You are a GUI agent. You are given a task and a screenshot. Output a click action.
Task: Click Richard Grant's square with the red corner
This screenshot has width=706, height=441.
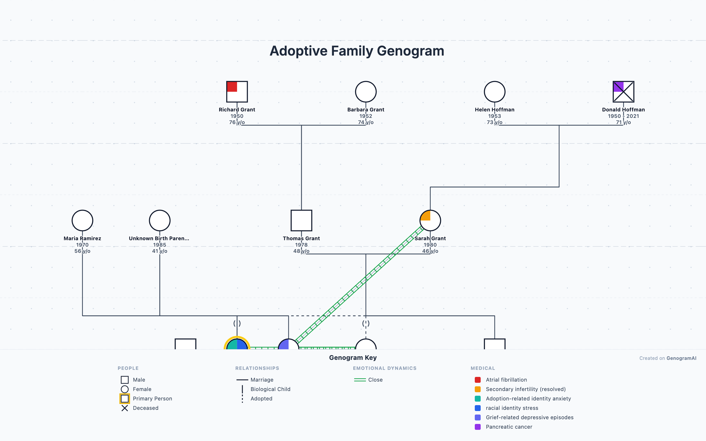(237, 92)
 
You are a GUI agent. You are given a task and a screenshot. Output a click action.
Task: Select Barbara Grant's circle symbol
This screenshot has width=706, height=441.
(366, 92)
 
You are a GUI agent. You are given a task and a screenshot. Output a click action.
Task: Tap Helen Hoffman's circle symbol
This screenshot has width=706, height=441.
(494, 92)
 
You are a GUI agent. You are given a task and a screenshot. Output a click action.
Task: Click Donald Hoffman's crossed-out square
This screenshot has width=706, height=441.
(623, 92)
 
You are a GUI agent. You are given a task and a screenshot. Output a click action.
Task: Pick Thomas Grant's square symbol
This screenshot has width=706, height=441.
(301, 220)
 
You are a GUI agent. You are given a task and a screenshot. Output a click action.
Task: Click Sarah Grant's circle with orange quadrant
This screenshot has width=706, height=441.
(430, 220)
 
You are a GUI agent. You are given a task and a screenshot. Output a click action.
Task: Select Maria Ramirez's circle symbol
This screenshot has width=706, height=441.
(82, 220)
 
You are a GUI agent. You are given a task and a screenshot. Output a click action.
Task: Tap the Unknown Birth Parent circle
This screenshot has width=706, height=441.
(160, 220)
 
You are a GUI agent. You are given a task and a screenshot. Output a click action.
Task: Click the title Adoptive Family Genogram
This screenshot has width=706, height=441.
(357, 51)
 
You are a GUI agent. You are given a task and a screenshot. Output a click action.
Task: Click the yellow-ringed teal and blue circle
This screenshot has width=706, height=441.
(237, 345)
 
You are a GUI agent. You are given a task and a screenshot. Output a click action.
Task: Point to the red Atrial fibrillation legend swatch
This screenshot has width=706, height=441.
(478, 380)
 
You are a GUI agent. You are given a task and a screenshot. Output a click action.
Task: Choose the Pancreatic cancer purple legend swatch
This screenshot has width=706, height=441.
(478, 427)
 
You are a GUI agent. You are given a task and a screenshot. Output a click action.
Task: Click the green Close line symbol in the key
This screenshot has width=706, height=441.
(360, 380)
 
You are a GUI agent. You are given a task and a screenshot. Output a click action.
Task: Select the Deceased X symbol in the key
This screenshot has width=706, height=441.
(125, 408)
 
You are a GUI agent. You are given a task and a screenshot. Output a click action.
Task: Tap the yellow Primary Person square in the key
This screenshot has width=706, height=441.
(125, 399)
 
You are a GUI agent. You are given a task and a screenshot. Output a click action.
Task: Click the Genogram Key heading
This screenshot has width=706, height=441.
(353, 358)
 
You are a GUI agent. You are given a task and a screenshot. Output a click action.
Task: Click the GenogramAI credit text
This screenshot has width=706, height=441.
(681, 358)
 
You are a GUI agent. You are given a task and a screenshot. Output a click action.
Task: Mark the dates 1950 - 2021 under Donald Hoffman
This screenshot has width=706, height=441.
(623, 116)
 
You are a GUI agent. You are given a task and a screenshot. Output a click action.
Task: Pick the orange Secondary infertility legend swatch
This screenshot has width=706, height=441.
(478, 389)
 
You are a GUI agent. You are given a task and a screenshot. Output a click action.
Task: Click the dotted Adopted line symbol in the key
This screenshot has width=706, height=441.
(242, 399)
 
